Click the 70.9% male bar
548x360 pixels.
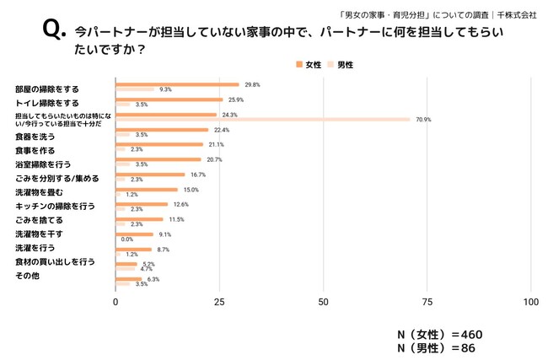[x=262, y=119]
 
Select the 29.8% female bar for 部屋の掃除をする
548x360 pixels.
[x=177, y=84]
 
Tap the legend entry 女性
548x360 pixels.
[x=309, y=65]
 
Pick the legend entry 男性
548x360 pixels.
[x=344, y=65]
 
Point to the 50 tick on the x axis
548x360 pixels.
[x=324, y=302]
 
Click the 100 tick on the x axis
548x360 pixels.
[x=531, y=302]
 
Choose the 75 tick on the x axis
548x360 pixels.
[x=427, y=302]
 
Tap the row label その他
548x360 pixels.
[x=28, y=276]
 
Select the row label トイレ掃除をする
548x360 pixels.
[x=47, y=102]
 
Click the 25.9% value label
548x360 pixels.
[x=236, y=99]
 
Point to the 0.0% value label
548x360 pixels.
[x=128, y=239]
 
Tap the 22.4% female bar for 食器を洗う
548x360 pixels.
[x=162, y=130]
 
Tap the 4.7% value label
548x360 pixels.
[x=146, y=268]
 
